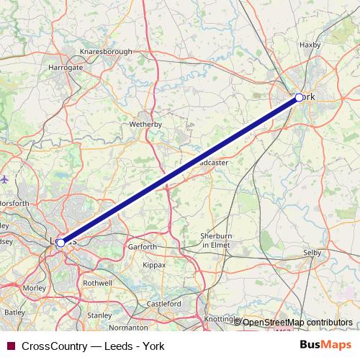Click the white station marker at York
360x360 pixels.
click(300, 96)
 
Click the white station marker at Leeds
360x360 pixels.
click(60, 243)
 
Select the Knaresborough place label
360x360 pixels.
click(107, 53)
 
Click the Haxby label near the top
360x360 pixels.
click(309, 45)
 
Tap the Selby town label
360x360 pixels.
click(312, 253)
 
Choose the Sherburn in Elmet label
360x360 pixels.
click(216, 240)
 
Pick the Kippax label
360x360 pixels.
click(154, 265)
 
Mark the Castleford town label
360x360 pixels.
click(164, 305)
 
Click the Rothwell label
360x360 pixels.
click(97, 284)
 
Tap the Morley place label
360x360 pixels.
click(34, 288)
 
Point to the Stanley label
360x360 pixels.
click(99, 315)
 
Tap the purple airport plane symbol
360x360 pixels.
click(5, 178)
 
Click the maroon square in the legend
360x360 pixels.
click(10, 346)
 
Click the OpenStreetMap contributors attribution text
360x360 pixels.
click(297, 322)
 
